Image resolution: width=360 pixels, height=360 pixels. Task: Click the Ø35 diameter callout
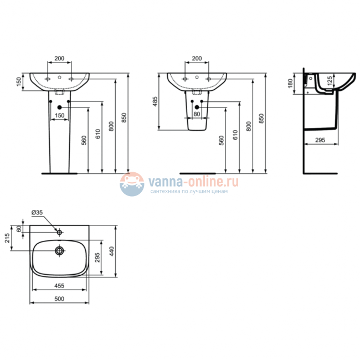[37, 213]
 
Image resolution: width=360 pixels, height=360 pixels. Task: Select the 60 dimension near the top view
[19, 229]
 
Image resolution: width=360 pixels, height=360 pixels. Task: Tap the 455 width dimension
[59, 286]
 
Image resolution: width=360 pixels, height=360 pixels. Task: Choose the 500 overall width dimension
[59, 299]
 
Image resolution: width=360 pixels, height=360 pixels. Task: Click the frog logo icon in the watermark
[131, 183]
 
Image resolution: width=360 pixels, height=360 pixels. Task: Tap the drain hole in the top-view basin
[59, 250]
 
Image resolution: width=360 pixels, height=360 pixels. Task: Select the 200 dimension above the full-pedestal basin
[59, 58]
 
